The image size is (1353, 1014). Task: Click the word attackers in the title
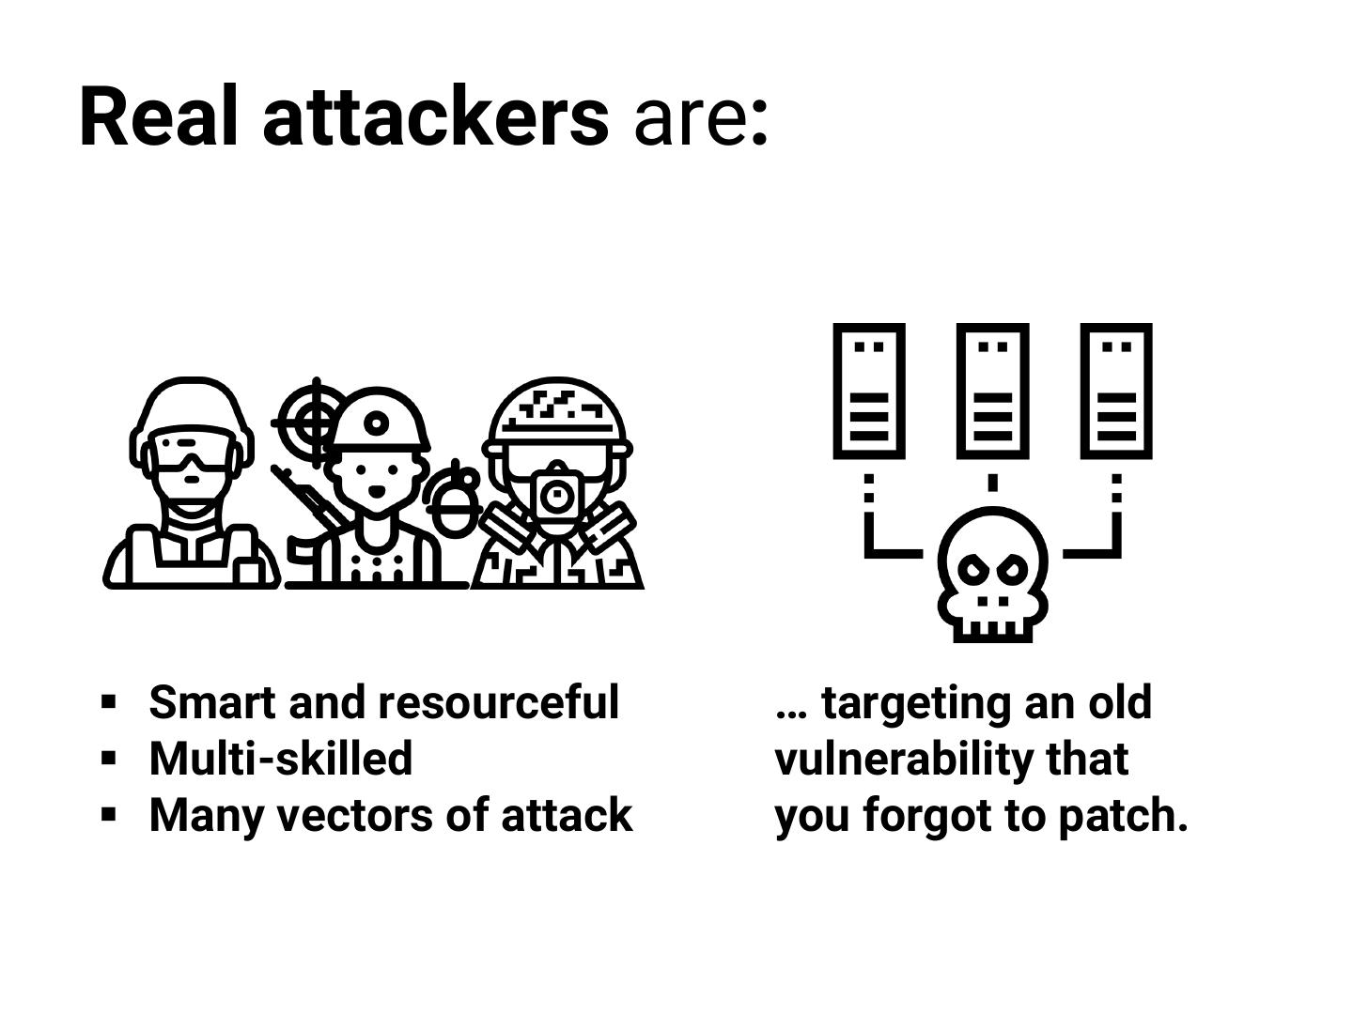(436, 117)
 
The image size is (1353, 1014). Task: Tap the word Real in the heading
(158, 117)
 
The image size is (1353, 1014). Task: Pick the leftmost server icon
(869, 391)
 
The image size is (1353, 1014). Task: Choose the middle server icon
(992, 391)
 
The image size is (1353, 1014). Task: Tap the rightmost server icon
(1116, 391)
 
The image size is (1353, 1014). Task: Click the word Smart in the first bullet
(213, 703)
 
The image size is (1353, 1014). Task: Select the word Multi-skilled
(280, 759)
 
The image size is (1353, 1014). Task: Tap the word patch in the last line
(1123, 815)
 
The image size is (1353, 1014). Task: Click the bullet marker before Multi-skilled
(109, 757)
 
